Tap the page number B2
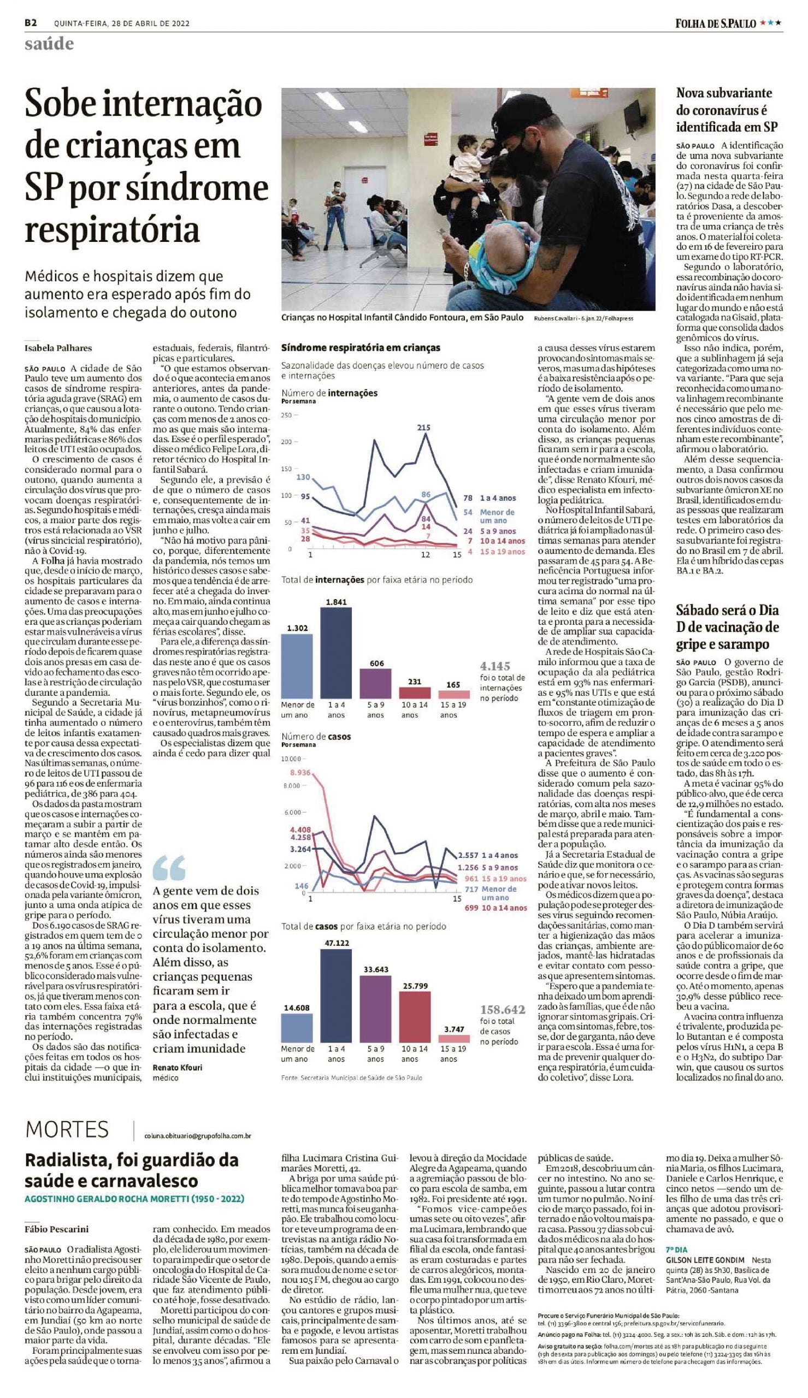pos(31,23)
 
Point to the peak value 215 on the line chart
pos(423,427)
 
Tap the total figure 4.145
pos(495,666)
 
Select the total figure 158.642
pos(502,1009)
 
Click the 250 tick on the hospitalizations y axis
pos(286,415)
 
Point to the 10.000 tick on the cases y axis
pos(290,759)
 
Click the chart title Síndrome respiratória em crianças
pos(361,348)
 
